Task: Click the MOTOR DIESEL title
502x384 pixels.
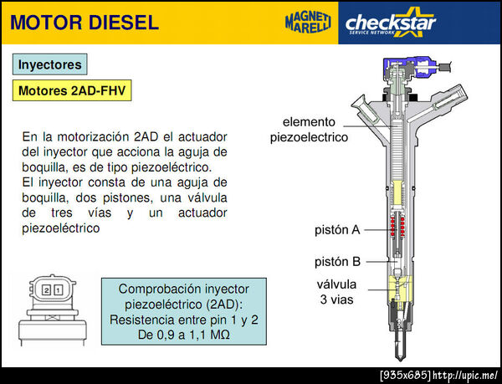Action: point(85,23)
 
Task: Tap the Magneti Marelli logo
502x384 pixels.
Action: point(308,23)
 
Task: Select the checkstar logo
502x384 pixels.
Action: point(391,23)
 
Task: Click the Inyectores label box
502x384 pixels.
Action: point(50,64)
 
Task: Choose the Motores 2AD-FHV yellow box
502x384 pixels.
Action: point(72,90)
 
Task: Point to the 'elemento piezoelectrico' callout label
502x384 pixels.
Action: point(309,130)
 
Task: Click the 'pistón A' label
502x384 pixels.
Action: point(337,230)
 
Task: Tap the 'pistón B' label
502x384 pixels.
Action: point(337,262)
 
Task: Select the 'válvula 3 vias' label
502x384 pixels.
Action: point(337,292)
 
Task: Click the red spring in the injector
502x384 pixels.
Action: point(398,226)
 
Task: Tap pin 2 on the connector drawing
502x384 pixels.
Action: point(47,290)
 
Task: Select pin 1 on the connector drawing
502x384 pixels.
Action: point(59,290)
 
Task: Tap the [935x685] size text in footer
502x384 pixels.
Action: point(406,375)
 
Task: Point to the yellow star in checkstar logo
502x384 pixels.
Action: point(412,22)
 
